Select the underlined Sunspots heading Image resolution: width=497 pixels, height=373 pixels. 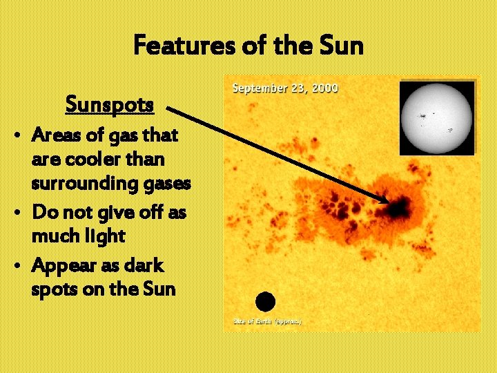pyautogui.click(x=109, y=105)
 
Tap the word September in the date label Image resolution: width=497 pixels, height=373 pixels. pyautogui.click(x=260, y=88)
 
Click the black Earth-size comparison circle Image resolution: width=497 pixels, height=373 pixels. pyautogui.click(x=265, y=302)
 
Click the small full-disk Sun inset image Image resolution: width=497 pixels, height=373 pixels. pyautogui.click(x=437, y=117)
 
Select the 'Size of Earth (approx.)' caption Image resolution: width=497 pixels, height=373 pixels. pyautogui.click(x=267, y=321)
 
